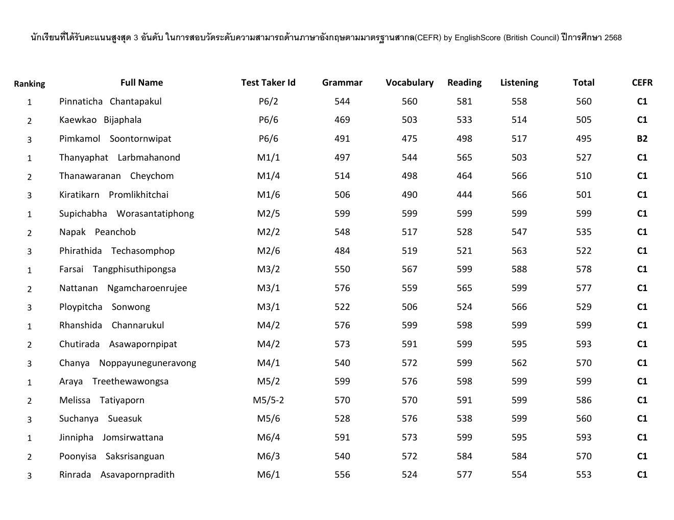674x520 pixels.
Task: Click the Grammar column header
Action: pyautogui.click(x=342, y=83)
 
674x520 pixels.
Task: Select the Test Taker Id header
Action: pyautogui.click(x=268, y=83)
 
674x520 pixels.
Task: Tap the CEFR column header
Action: pyautogui.click(x=642, y=83)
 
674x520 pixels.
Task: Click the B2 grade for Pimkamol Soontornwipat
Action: pyautogui.click(x=642, y=139)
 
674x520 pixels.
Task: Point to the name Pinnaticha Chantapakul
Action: pyautogui.click(x=110, y=101)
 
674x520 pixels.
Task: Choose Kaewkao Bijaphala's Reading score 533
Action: pyautogui.click(x=464, y=120)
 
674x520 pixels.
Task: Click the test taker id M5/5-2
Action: pyautogui.click(x=268, y=400)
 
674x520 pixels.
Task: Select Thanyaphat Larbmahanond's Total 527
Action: pyautogui.click(x=584, y=158)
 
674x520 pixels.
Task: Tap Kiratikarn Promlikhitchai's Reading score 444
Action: pyautogui.click(x=464, y=195)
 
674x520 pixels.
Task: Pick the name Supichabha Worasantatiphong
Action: pyautogui.click(x=126, y=214)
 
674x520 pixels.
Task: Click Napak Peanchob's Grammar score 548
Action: pyautogui.click(x=342, y=232)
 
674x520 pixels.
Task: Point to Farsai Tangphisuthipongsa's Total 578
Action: pyautogui.click(x=584, y=269)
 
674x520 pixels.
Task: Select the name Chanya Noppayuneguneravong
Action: pyautogui.click(x=128, y=363)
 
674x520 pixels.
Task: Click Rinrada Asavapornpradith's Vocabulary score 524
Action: pyautogui.click(x=410, y=475)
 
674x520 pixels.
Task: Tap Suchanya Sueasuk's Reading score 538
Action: pyautogui.click(x=464, y=419)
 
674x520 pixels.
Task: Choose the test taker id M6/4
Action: pyautogui.click(x=268, y=437)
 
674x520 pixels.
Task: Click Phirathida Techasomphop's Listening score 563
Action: pyautogui.click(x=519, y=251)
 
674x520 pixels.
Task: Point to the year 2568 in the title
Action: pyautogui.click(x=613, y=38)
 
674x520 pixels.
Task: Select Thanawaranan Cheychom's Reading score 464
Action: pyautogui.click(x=464, y=176)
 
